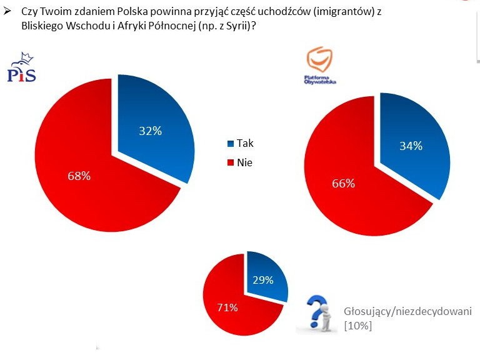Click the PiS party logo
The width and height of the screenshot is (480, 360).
tap(21, 69)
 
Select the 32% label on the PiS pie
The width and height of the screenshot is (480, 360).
tap(150, 131)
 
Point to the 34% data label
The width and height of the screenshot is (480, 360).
tap(411, 146)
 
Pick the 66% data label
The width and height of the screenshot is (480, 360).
tap(343, 183)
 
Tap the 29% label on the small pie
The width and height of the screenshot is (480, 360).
tap(263, 280)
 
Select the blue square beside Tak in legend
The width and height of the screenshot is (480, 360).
tap(231, 144)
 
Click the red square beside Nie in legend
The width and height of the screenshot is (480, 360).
tap(231, 162)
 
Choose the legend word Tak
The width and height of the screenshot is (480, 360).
tap(245, 143)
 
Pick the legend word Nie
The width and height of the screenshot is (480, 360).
tap(244, 162)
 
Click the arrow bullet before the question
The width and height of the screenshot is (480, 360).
tap(7, 11)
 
